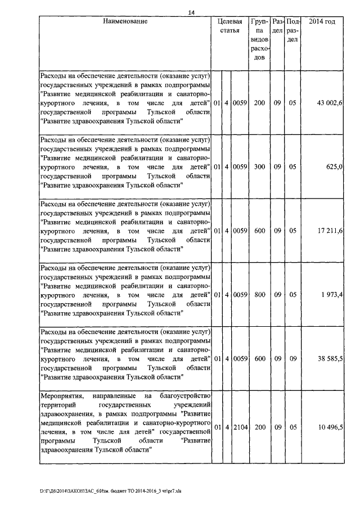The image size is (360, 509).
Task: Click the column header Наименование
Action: pos(125,21)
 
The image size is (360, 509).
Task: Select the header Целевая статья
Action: pos(230,26)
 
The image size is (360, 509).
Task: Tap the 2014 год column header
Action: pos(322,21)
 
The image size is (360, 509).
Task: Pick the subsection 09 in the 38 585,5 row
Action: pos(292,358)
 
